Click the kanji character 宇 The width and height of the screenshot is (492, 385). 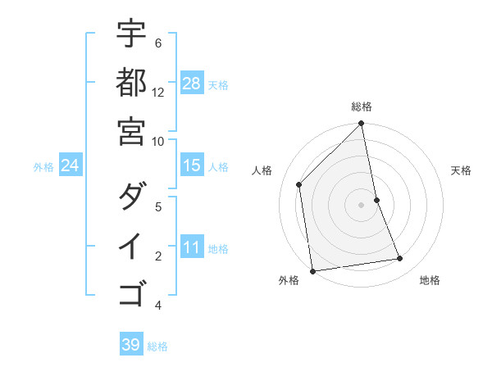pos(131,34)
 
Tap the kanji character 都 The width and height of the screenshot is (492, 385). pos(131,82)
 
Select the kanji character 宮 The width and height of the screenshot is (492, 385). pos(131,130)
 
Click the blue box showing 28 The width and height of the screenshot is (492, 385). pos(192,84)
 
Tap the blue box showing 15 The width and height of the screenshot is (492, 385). pos(192,166)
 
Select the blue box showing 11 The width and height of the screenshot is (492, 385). pos(192,248)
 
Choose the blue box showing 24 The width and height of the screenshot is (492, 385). pos(71,166)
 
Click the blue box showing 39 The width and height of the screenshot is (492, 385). pos(131,345)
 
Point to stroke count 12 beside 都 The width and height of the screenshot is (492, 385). pos(158,92)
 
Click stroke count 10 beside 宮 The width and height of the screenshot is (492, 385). pos(158,140)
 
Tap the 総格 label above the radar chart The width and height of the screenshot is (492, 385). pos(362,106)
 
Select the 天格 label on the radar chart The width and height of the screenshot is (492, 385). pos(461,170)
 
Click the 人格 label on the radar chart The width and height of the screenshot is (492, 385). pos(262,170)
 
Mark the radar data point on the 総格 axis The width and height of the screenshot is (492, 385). pos(362,125)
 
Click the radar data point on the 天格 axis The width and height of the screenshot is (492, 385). pos(376,200)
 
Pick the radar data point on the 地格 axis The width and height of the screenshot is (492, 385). pos(400,259)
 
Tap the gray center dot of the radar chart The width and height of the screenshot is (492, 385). pos(362,205)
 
